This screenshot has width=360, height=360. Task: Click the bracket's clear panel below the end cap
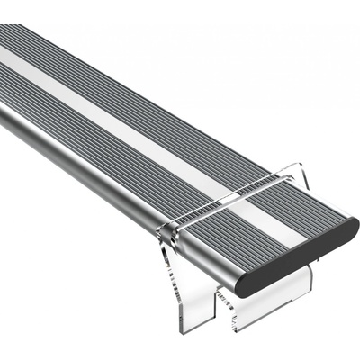point(292,288)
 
